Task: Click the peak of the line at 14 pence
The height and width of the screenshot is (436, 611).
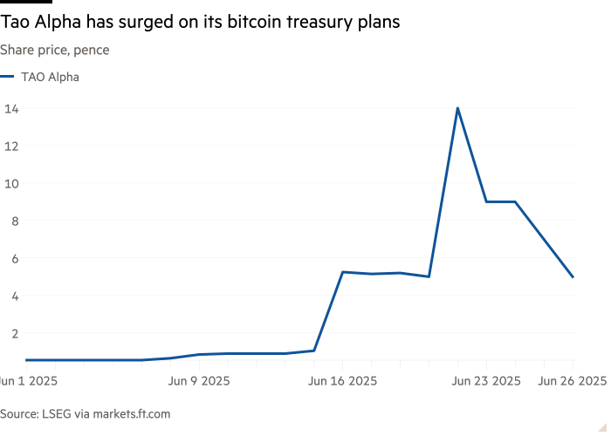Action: coord(457,108)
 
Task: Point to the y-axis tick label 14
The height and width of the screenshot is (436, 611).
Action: coord(11,109)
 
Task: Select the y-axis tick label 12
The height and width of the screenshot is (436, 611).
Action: coord(11,146)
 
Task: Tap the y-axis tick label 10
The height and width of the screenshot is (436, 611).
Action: coord(11,183)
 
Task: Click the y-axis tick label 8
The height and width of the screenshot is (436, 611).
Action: coord(15,221)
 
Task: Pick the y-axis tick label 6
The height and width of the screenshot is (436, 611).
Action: coord(15,258)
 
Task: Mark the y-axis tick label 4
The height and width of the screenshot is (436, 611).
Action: coord(15,296)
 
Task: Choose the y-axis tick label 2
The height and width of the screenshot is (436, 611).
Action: coord(15,333)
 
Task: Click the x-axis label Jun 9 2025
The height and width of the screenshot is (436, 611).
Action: coord(199,381)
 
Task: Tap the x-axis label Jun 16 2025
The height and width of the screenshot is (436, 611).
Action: coord(342,381)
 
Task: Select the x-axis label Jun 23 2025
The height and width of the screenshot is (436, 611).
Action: coord(486,381)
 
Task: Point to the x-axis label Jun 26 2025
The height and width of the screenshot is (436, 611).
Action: coord(573,381)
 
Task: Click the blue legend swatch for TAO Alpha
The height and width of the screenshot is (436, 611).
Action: coord(7,77)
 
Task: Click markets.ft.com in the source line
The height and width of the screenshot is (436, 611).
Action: coord(132,413)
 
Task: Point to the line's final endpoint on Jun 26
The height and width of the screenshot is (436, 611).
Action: coord(573,277)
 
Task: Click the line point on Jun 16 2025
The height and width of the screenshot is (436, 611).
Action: coord(342,272)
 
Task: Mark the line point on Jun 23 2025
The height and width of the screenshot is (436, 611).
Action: coord(486,201)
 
